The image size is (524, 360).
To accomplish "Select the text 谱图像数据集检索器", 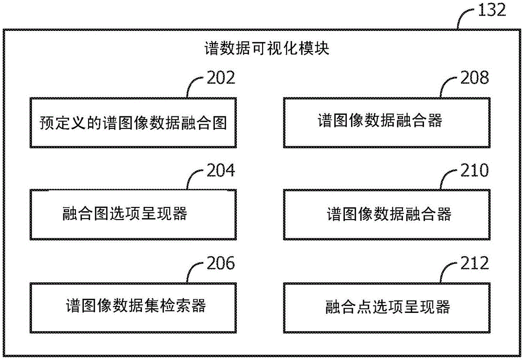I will [136, 306].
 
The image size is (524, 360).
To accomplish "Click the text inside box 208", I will [380, 121].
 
